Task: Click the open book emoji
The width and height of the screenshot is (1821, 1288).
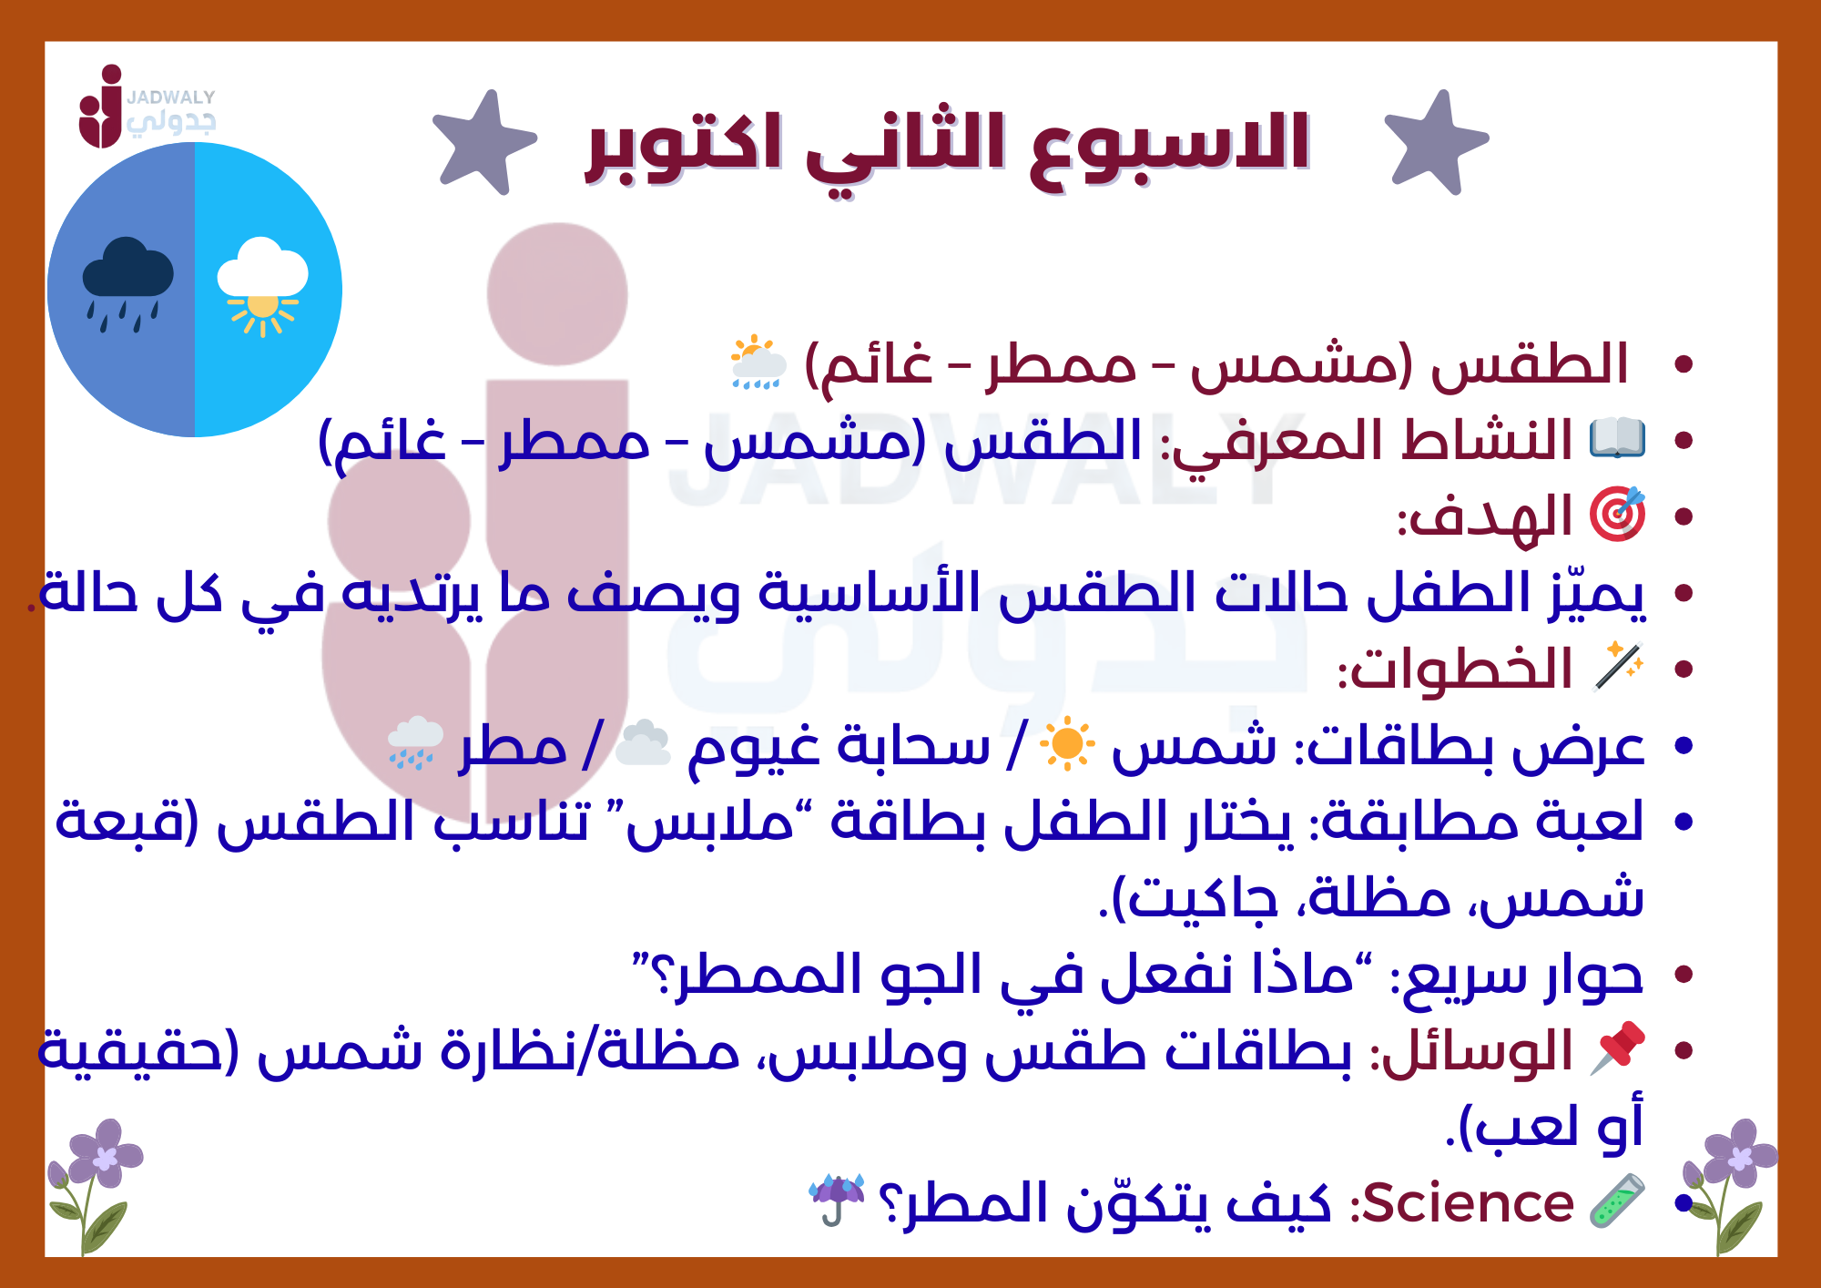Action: point(1617,439)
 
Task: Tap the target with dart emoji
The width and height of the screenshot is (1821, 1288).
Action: point(1618,515)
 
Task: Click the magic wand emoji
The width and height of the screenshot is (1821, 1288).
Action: point(1618,668)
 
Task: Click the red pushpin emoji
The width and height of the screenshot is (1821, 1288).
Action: point(1618,1048)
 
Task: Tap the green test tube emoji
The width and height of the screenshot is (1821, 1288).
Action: point(1618,1201)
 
